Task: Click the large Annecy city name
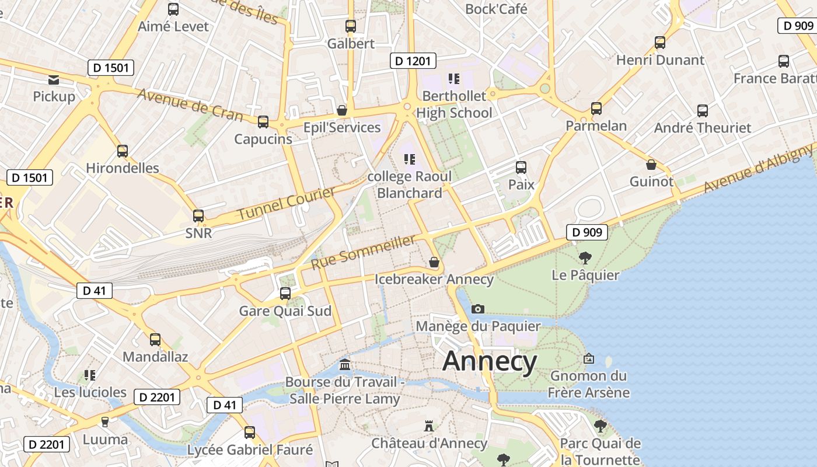[490, 361]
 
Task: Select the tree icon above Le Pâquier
[585, 257]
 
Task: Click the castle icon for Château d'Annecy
[429, 426]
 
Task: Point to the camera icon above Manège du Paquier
[478, 309]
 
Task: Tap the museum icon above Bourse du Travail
[345, 365]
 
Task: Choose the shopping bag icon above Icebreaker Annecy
[434, 263]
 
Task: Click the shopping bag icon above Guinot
[651, 165]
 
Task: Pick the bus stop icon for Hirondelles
[123, 151]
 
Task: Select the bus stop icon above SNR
[198, 216]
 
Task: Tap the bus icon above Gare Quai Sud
[285, 294]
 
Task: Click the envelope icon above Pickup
[54, 79]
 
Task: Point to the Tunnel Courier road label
[286, 204]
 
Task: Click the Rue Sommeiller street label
[364, 252]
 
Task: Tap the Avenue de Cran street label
[190, 104]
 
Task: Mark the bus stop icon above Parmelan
[596, 109]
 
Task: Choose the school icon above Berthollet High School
[454, 79]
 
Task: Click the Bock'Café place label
[496, 9]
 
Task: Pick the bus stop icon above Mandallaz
[155, 340]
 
